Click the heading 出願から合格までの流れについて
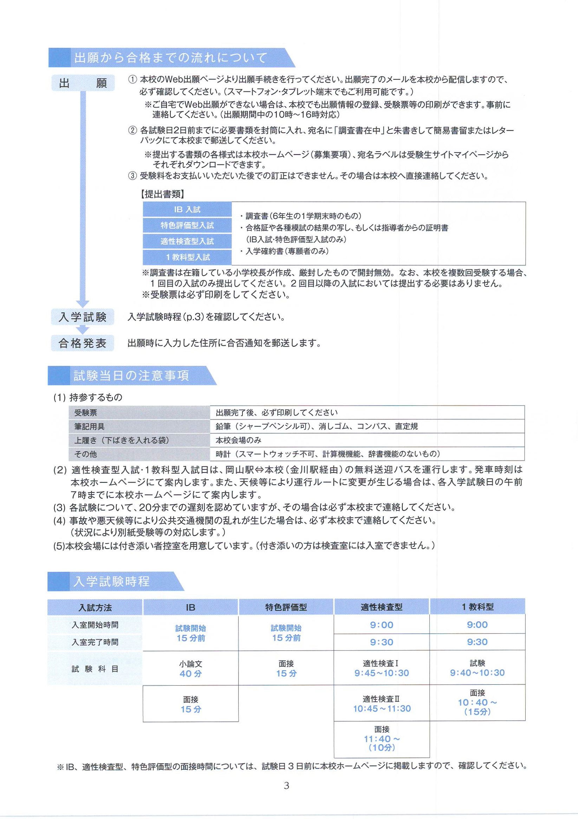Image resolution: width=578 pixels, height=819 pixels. (x=170, y=58)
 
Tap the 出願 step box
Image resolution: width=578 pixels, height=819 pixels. (x=83, y=83)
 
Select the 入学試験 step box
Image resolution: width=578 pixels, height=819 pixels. (x=83, y=317)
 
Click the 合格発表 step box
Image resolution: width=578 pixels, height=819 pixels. (x=83, y=343)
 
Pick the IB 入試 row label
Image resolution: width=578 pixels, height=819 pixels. (x=187, y=209)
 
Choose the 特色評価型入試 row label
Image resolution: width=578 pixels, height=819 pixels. (x=187, y=226)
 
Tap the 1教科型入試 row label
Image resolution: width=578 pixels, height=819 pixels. (x=187, y=257)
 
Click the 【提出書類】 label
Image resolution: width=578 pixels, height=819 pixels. (x=162, y=194)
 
